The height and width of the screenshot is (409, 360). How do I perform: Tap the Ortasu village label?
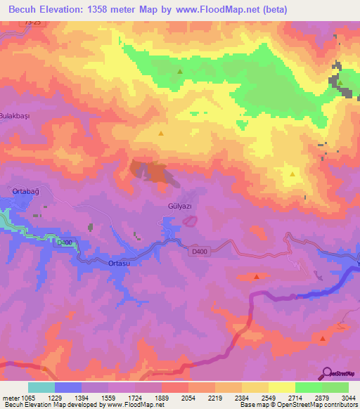point(101,263)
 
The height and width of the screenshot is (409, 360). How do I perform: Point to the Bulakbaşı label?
point(15,115)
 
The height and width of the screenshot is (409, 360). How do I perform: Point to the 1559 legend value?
point(110,398)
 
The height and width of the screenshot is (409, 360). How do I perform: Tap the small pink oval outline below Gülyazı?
point(189,221)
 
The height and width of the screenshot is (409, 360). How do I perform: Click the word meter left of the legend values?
point(8,398)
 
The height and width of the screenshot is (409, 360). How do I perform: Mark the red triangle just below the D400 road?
point(256,276)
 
